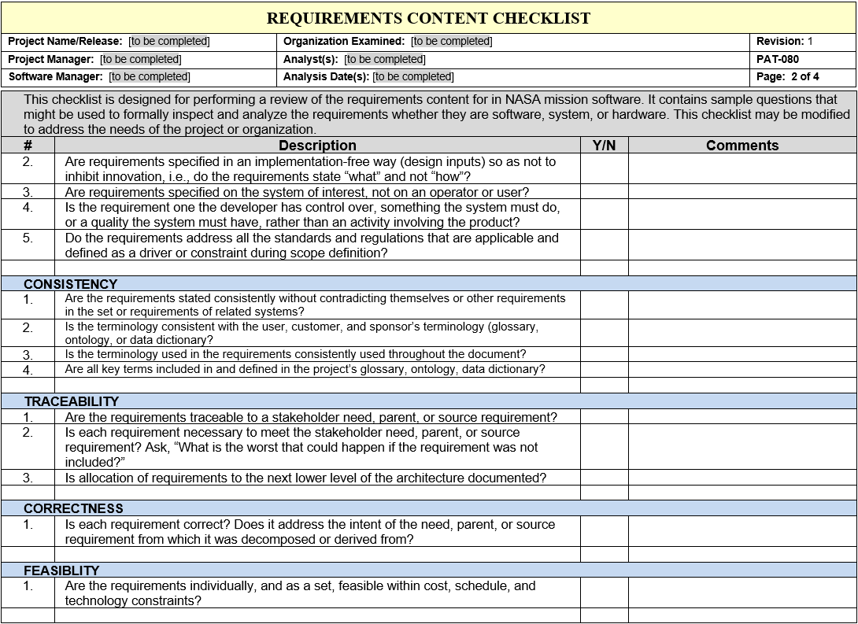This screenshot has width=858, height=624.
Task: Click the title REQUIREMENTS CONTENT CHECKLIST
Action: click(x=428, y=18)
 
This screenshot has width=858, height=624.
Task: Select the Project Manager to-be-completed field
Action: click(x=140, y=59)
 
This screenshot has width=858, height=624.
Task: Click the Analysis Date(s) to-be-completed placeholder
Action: click(x=412, y=76)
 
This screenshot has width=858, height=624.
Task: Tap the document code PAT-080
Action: click(x=778, y=59)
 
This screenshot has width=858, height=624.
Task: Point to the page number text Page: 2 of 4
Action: click(x=787, y=76)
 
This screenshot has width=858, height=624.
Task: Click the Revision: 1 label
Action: click(x=784, y=41)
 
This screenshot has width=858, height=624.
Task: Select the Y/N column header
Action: click(x=604, y=146)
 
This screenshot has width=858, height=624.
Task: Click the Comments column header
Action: click(x=742, y=146)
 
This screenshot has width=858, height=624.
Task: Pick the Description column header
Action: click(x=317, y=146)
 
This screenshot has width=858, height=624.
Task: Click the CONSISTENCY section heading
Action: click(x=70, y=284)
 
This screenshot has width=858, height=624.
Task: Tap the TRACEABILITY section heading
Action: click(x=71, y=401)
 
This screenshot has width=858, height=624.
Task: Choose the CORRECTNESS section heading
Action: click(x=73, y=508)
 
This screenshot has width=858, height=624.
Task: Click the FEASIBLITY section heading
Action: click(x=61, y=570)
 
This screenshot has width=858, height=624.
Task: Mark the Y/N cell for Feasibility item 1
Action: click(x=604, y=593)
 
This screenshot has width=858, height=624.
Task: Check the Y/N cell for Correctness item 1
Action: click(x=604, y=532)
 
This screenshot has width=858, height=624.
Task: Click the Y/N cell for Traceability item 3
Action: click(x=604, y=478)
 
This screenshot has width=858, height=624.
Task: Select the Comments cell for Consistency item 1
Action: click(x=742, y=305)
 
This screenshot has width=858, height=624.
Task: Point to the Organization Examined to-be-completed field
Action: click(x=451, y=41)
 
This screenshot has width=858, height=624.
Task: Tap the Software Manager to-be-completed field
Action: click(x=150, y=76)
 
